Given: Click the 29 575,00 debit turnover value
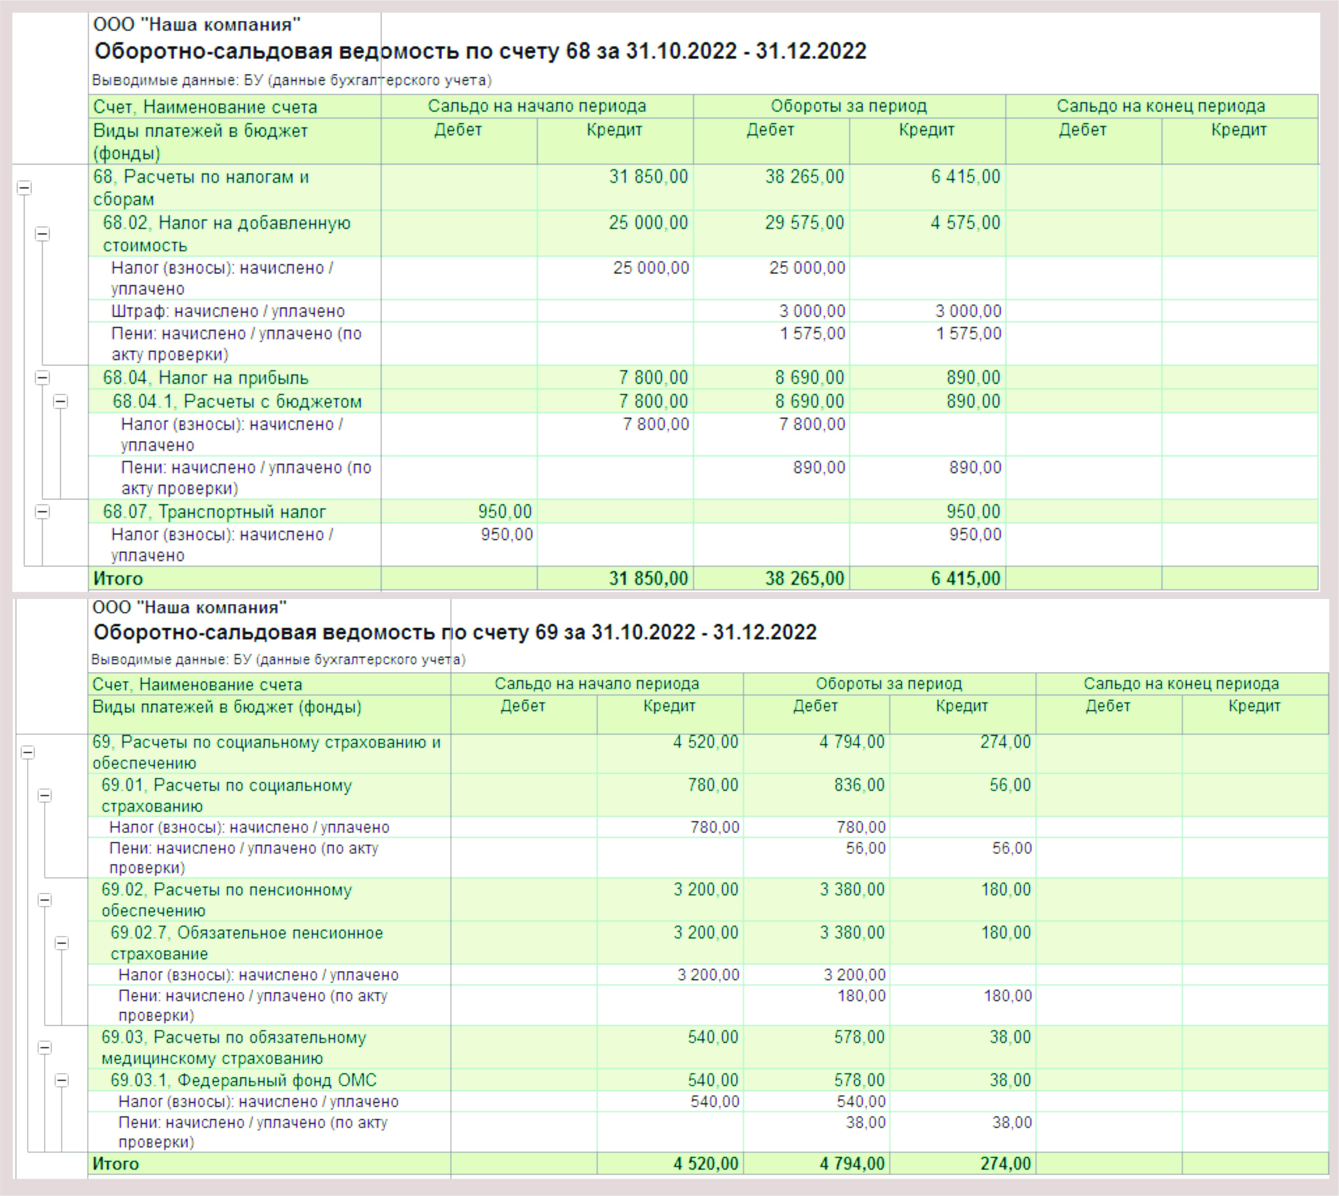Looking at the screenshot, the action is [804, 223].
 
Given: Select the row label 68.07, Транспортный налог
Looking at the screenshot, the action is [214, 512].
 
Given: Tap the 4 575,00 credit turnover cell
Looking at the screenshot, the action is [965, 223].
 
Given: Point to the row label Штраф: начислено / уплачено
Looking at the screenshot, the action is [228, 311].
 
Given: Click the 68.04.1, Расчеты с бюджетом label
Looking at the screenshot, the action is [237, 402].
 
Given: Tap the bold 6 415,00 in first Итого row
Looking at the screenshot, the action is [965, 578].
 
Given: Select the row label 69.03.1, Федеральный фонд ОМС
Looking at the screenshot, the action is [244, 1080].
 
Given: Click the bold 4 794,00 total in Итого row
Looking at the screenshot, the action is [852, 1164].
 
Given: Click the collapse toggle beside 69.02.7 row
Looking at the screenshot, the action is [61, 943].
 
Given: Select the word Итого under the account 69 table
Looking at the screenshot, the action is [116, 1164].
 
